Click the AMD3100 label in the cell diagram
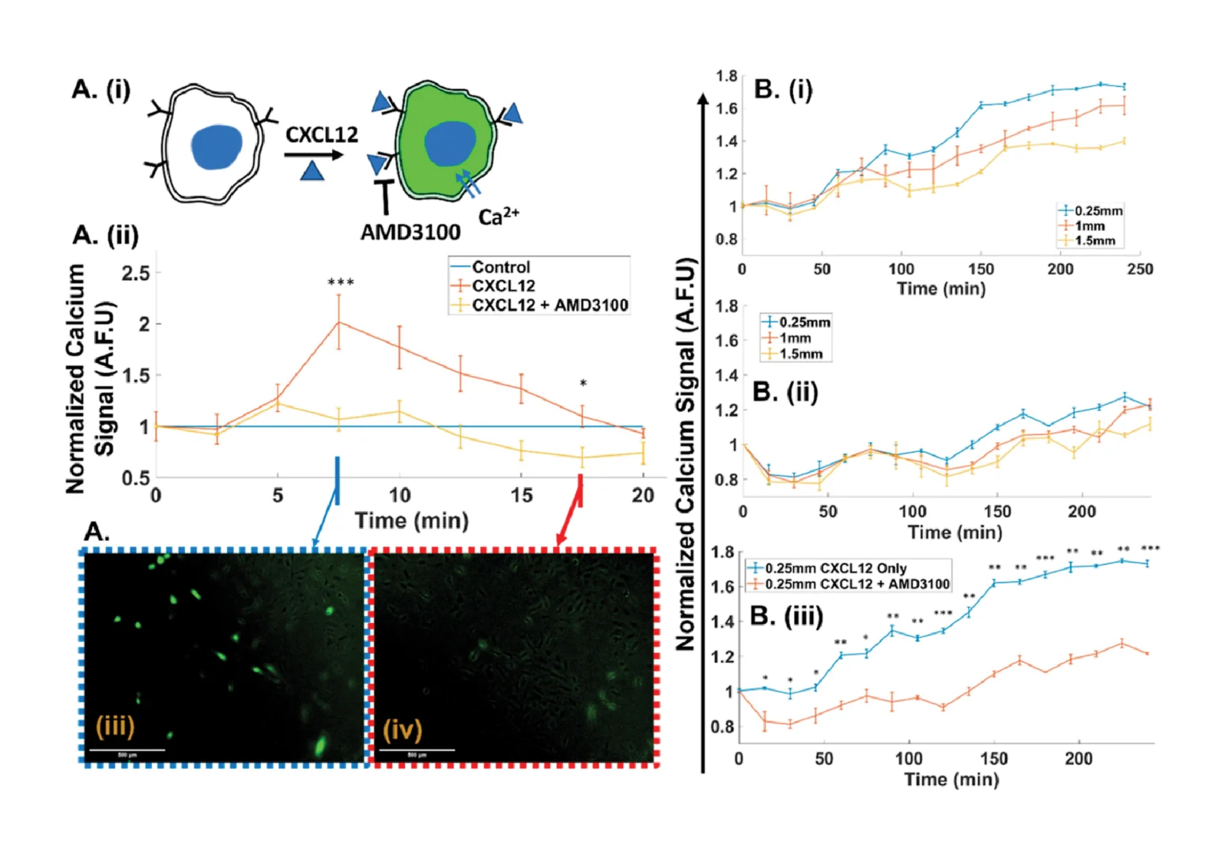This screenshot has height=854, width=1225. point(410,232)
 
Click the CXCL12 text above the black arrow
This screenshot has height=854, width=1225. point(321,135)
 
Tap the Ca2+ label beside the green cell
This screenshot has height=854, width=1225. point(498,216)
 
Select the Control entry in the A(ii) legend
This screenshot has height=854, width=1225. point(501,267)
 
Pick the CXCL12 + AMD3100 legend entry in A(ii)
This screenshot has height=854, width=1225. point(550,305)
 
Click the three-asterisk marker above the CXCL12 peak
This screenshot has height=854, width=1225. point(341,283)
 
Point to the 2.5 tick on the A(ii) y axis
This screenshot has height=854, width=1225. point(135,274)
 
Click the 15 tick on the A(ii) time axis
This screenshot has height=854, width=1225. point(521,496)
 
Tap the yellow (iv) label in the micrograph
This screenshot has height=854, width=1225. point(403,728)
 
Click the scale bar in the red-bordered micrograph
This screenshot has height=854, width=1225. point(418,750)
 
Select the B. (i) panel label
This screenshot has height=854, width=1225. point(783,89)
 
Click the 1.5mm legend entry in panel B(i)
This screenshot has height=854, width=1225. point(1095,240)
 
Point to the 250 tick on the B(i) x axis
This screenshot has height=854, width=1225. point(1140,269)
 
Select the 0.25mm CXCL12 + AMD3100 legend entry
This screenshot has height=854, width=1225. point(856,584)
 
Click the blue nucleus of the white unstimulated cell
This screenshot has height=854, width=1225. point(217,147)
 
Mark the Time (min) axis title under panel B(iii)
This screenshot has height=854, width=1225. point(951,780)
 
